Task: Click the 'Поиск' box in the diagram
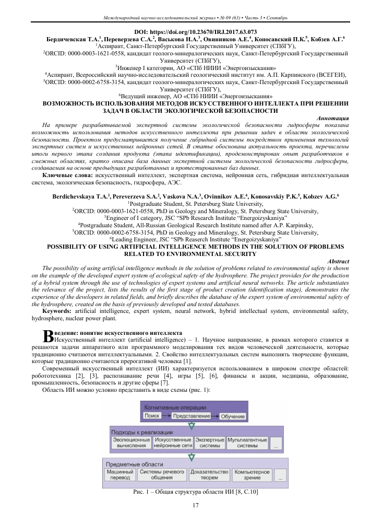[x=152, y=415]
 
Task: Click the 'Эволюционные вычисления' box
[x=131, y=443]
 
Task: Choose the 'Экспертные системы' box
[x=209, y=443]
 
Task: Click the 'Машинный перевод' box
[x=120, y=474]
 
